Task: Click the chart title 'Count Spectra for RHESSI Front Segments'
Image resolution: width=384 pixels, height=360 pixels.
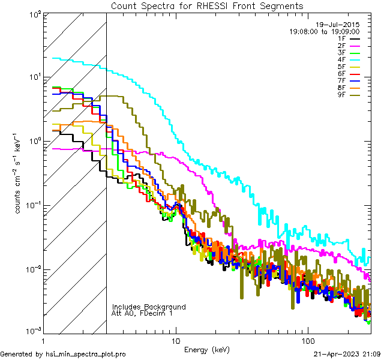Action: (x=208, y=6)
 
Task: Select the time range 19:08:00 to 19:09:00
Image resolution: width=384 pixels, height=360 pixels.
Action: (x=324, y=31)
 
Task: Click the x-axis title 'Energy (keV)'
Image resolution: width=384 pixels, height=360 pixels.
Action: (x=207, y=349)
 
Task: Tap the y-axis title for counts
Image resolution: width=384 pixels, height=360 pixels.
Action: (x=19, y=173)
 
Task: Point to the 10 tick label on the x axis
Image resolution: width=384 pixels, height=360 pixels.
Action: (x=175, y=340)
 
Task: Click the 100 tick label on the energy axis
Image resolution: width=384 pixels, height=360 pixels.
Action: (x=307, y=340)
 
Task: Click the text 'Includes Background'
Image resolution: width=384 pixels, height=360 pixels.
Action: (x=149, y=307)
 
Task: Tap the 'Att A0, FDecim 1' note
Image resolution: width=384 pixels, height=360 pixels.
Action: (x=143, y=313)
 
